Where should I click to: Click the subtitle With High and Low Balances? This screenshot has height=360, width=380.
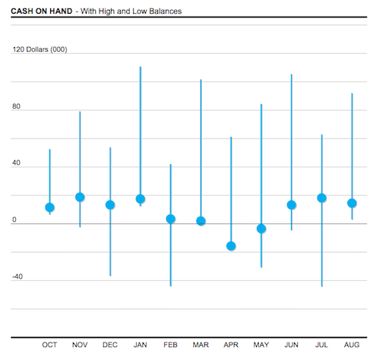[134, 11]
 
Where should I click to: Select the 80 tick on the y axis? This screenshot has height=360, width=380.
[16, 106]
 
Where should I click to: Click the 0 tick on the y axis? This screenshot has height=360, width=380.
[14, 219]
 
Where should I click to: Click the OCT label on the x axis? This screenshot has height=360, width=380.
[49, 345]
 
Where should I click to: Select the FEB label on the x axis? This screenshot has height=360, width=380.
[170, 345]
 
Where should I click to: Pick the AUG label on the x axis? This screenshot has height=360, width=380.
[352, 345]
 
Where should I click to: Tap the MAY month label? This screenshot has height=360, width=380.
[261, 345]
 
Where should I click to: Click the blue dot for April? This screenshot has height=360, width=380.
[231, 246]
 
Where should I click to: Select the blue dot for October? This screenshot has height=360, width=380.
[49, 207]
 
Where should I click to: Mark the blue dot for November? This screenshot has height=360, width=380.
[80, 197]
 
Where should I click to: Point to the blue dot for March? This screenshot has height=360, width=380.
[201, 221]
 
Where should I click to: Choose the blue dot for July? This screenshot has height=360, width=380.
[321, 198]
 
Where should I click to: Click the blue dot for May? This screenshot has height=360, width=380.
[261, 229]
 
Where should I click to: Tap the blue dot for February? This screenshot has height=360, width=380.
[170, 219]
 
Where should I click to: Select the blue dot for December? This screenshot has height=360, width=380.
[110, 205]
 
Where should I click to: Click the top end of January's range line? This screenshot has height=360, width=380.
[140, 68]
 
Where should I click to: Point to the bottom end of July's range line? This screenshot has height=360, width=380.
[321, 286]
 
